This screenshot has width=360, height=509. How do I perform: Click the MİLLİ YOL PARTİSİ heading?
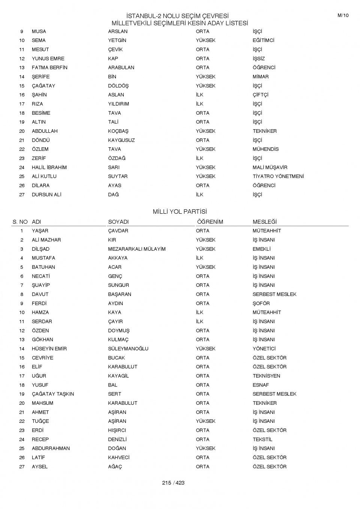pyautogui.click(x=180, y=212)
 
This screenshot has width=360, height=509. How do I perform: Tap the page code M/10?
pyautogui.click(x=343, y=15)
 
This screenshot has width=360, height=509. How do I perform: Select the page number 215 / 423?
pyautogui.click(x=173, y=483)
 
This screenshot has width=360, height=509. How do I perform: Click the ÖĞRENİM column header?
pyautogui.click(x=210, y=222)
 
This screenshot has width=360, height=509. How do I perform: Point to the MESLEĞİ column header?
pyautogui.click(x=264, y=222)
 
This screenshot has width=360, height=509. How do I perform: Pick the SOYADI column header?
pyautogui.click(x=118, y=222)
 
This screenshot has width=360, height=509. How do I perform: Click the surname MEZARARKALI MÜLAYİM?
pyautogui.click(x=136, y=249)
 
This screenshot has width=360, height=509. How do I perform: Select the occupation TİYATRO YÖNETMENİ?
pyautogui.click(x=278, y=176)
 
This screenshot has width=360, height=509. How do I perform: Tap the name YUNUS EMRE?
pyautogui.click(x=48, y=58)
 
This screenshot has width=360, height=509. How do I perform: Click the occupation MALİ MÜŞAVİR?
pyautogui.click(x=270, y=167)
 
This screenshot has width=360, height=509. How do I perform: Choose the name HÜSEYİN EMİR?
pyautogui.click(x=49, y=349)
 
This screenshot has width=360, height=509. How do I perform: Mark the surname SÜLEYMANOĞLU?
pyautogui.click(x=128, y=349)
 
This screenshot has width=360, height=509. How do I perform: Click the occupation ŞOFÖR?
pyautogui.click(x=261, y=303)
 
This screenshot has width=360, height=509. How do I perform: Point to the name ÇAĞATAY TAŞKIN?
pyautogui.click(x=53, y=394)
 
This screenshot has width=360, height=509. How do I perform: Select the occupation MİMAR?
pyautogui.click(x=260, y=76)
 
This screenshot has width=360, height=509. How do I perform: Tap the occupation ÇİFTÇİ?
pyautogui.click(x=260, y=95)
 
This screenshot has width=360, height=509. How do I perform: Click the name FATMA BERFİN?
pyautogui.click(x=49, y=67)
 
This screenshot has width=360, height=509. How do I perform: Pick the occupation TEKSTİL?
pyautogui.click(x=262, y=439)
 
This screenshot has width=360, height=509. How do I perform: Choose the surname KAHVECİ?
pyautogui.click(x=118, y=457)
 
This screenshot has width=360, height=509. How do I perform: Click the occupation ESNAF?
pyautogui.click(x=261, y=385)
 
